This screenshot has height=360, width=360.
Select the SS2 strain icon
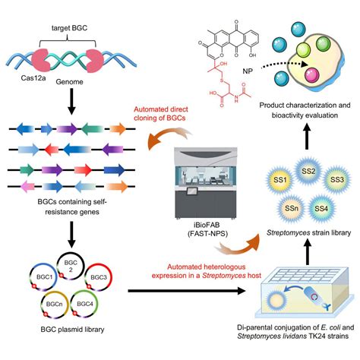[x=308, y=172]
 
